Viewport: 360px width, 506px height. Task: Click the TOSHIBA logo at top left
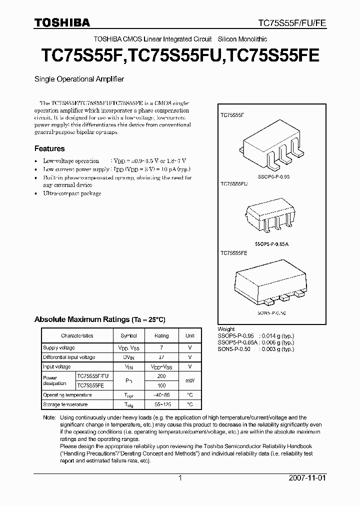click(x=62, y=22)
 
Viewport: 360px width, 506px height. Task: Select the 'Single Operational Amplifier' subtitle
click(x=79, y=79)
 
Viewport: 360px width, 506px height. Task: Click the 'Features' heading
click(x=49, y=148)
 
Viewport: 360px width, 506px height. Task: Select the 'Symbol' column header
click(x=128, y=336)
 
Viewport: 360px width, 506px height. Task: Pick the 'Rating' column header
click(x=161, y=336)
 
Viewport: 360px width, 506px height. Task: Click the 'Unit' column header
click(x=190, y=336)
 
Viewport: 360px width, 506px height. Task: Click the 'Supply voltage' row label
click(x=59, y=347)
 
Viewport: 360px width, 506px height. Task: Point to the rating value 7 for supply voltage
click(x=161, y=347)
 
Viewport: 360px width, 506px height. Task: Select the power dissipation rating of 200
click(x=161, y=376)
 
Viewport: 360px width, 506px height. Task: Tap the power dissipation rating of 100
click(x=161, y=385)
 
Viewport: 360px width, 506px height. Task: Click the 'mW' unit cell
click(x=190, y=381)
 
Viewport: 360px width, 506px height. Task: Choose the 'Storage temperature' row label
click(x=65, y=404)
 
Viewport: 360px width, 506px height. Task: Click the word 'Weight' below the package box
click(x=226, y=329)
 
